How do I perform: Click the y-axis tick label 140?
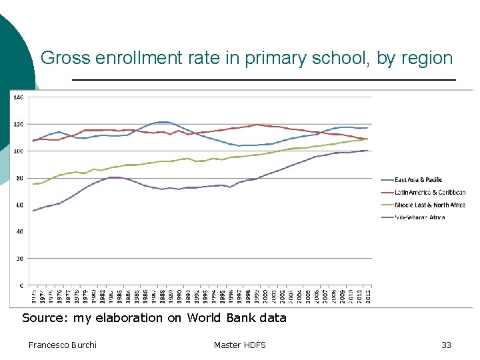click(19, 97)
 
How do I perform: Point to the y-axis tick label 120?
click(19, 124)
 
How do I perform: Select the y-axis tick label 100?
click(19, 151)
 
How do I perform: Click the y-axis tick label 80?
click(20, 178)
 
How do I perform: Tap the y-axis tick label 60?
click(20, 205)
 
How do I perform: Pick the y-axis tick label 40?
click(20, 232)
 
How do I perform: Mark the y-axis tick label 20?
click(20, 259)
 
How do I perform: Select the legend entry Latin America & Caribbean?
click(430, 192)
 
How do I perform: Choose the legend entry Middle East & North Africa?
click(430, 205)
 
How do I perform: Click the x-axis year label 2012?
click(367, 295)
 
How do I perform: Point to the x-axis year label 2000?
click(265, 295)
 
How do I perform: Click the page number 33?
click(446, 345)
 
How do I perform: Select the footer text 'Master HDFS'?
click(239, 345)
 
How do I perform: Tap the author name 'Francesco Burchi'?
click(63, 345)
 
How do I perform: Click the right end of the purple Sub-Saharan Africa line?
click(367, 151)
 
